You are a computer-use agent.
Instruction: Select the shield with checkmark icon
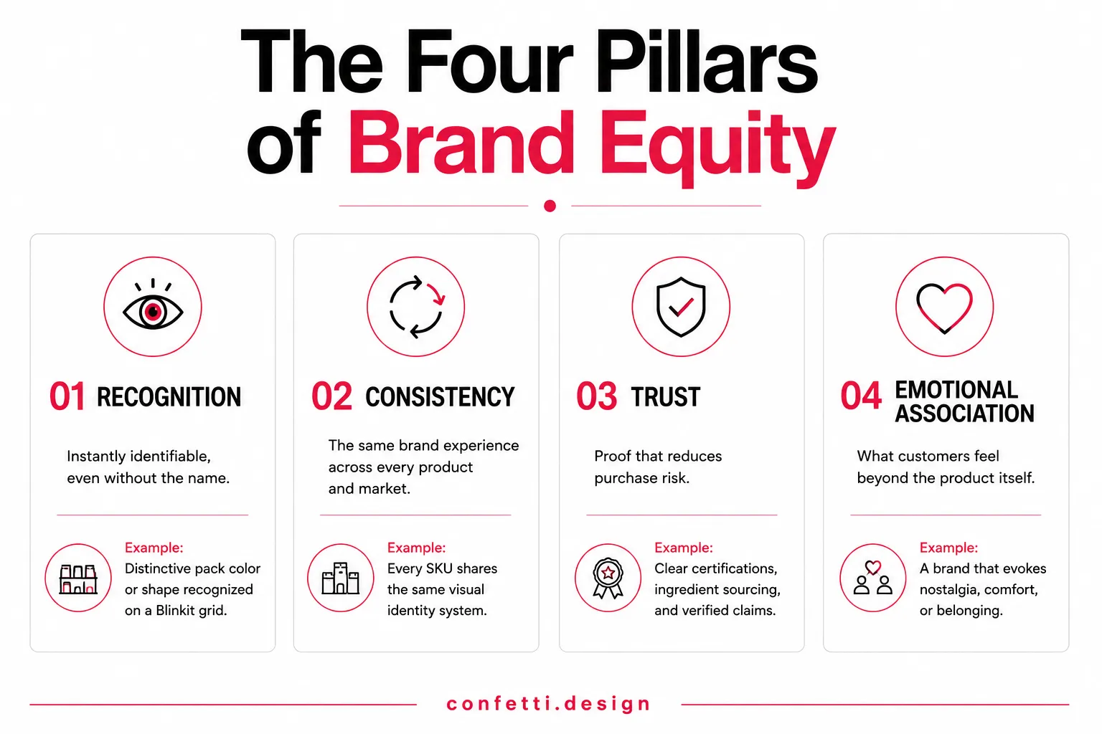point(681,308)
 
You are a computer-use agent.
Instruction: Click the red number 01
point(67,396)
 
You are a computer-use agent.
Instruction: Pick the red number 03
point(596,396)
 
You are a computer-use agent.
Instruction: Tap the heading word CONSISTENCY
point(440,397)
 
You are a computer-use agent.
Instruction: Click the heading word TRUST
point(665,397)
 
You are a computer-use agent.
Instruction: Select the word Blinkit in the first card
point(174,610)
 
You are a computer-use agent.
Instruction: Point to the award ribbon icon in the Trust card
point(608,578)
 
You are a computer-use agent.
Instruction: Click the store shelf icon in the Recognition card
point(78,580)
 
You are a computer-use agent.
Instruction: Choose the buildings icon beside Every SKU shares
point(341,578)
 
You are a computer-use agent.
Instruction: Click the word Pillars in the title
point(707,62)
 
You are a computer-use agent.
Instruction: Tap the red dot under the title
point(550,206)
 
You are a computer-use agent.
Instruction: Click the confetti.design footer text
point(549,704)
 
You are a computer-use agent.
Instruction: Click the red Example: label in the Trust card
point(683,547)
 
